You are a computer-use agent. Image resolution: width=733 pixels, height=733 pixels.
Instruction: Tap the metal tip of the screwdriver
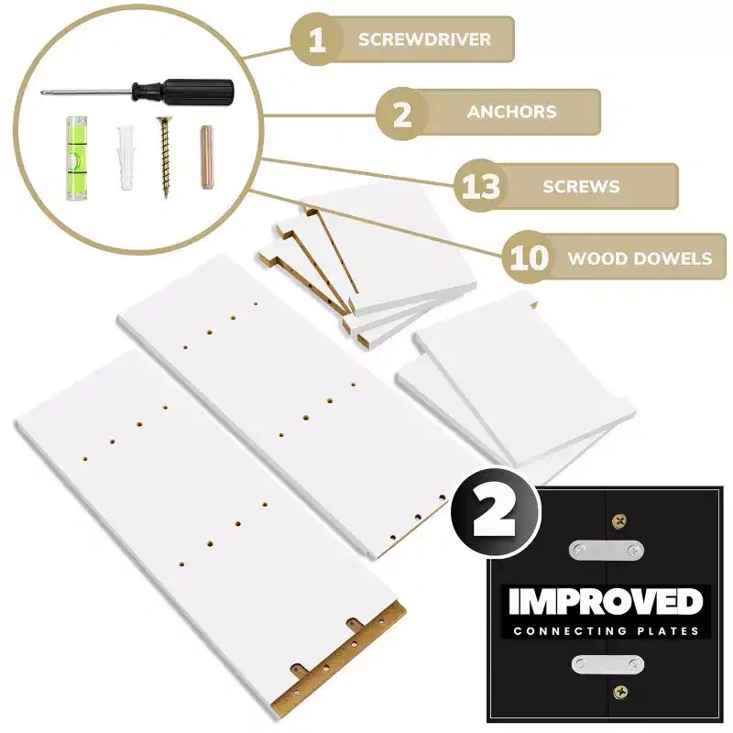(x=42, y=93)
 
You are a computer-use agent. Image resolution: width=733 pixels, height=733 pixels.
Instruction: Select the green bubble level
(x=76, y=159)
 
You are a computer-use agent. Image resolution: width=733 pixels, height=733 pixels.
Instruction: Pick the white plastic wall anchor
(x=126, y=157)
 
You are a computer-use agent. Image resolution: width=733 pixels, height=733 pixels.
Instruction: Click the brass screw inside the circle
(x=164, y=157)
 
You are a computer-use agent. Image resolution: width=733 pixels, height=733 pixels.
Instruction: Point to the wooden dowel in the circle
(x=207, y=157)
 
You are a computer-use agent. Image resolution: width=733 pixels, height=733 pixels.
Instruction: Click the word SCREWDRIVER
(x=424, y=39)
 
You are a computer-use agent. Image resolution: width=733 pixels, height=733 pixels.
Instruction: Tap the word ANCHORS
(x=512, y=112)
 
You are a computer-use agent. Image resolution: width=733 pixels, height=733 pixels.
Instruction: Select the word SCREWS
(x=581, y=187)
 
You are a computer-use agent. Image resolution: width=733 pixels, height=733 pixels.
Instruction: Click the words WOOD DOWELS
(x=640, y=258)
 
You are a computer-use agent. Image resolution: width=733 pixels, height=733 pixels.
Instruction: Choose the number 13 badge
(x=480, y=186)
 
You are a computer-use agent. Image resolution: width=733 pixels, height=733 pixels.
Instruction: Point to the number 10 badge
(x=529, y=257)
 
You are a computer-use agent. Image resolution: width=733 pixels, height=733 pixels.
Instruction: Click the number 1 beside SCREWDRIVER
(x=317, y=39)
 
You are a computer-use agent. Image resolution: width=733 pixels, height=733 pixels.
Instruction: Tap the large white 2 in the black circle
(x=494, y=514)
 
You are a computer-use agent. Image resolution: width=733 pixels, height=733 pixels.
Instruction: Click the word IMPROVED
(x=606, y=602)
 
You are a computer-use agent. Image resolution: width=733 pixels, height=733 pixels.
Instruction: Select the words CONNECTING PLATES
(x=606, y=631)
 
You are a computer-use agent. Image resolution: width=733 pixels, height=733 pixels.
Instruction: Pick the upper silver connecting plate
(x=607, y=551)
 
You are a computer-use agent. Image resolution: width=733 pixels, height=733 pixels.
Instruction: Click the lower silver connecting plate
(x=607, y=663)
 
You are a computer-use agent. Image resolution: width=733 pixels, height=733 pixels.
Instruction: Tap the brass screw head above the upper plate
(x=619, y=520)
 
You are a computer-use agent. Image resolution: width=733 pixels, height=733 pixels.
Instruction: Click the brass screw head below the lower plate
(x=620, y=692)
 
